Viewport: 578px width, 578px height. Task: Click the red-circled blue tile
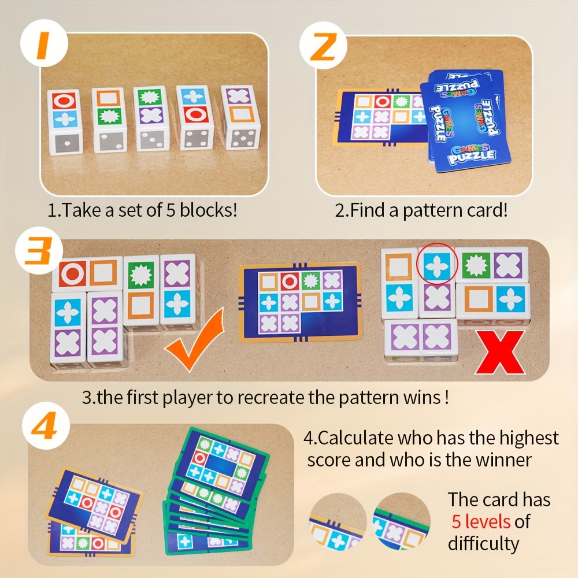(x=437, y=265)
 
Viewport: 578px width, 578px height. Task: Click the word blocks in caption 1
(x=205, y=210)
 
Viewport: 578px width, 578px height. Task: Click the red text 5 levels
(x=481, y=522)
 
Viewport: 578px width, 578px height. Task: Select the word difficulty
(x=483, y=544)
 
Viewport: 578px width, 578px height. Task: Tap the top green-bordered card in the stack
(x=223, y=462)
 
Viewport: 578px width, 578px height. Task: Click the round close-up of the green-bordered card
(x=401, y=521)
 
